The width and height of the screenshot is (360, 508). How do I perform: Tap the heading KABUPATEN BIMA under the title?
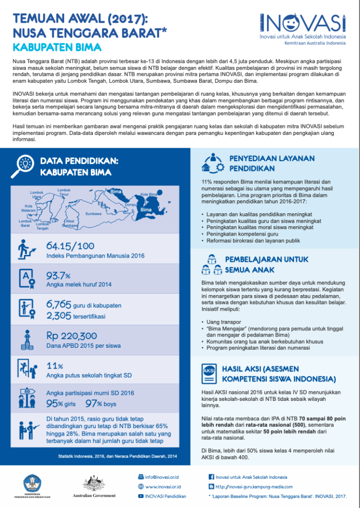[x=57, y=47]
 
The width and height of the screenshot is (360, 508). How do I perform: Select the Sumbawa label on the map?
[x=93, y=214]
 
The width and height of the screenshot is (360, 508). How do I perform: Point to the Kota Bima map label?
[x=148, y=194]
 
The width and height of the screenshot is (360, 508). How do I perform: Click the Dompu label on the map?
[x=131, y=204]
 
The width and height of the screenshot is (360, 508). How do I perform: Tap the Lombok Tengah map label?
[x=43, y=226]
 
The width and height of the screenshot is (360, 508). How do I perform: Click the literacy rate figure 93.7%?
[x=58, y=275]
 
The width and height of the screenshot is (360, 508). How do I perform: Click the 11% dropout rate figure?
[x=54, y=366]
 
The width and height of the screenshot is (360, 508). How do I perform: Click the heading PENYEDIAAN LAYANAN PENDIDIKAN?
[x=272, y=163]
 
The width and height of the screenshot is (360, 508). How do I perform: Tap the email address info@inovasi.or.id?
[x=163, y=477]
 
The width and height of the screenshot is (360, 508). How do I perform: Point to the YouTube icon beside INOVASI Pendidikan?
[x=141, y=496]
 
